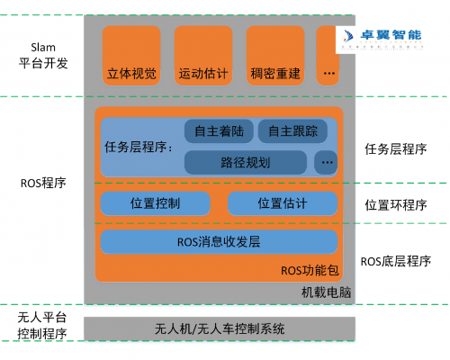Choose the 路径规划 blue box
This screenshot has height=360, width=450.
[245, 163]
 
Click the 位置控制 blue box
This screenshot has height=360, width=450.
[156, 203]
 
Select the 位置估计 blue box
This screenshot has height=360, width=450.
[283, 203]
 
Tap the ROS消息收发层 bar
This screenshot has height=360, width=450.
[219, 241]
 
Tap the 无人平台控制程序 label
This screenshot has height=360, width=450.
[42, 326]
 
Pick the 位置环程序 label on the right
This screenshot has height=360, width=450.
[396, 204]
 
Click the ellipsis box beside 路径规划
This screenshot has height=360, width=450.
[326, 163]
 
